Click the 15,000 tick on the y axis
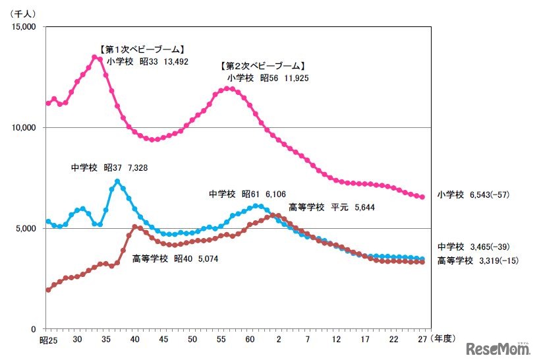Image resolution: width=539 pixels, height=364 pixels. pos(25,27)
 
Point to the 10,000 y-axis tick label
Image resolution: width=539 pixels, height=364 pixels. pos(25,127)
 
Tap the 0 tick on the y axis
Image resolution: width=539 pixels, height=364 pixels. pos(38,329)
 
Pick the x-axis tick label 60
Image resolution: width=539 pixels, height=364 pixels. pos(250,339)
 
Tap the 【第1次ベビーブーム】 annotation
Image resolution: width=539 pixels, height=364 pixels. pos(141,49)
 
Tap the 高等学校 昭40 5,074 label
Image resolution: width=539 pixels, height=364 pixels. pos(175,258)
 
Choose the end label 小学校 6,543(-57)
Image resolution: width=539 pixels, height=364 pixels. pos(473,195)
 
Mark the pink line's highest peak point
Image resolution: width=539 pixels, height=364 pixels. pos(95,57)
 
